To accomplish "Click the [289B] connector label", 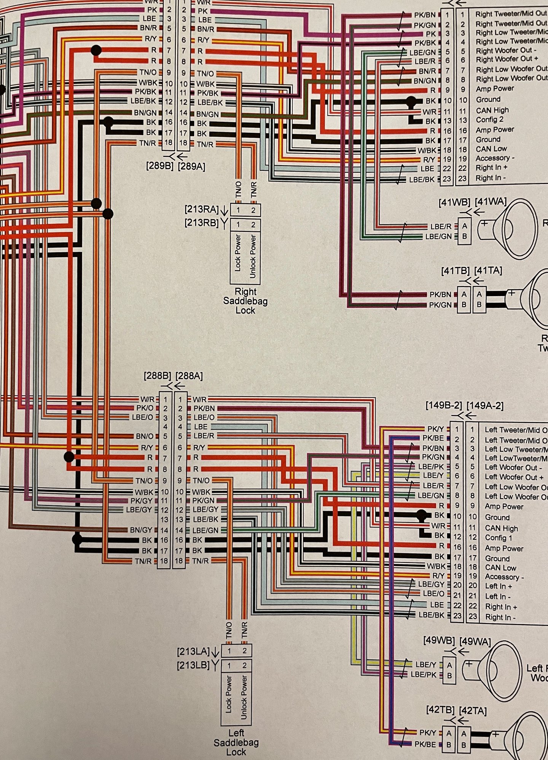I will coord(160,166).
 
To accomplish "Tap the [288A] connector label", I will coord(189,376).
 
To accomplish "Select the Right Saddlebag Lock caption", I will coord(245,301).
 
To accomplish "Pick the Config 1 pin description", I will coord(498,538).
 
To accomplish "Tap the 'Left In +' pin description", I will coord(498,586).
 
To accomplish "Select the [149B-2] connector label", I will coord(443,406).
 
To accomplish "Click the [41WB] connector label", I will coord(454,202).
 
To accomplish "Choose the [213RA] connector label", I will coord(202,209).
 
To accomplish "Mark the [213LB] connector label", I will coord(193,666).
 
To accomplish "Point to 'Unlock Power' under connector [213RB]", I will coord(253,257).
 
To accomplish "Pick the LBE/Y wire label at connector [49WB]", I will coord(425,664).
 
